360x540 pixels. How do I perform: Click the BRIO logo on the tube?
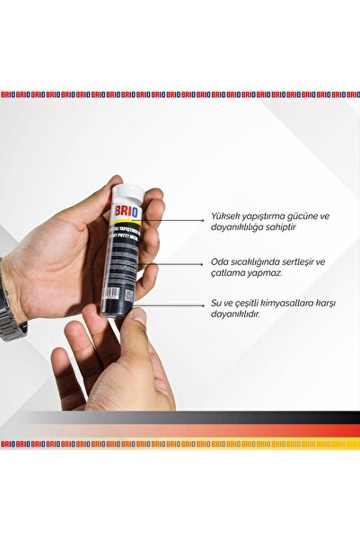click(x=124, y=212)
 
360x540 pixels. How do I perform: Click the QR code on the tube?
click(x=128, y=295)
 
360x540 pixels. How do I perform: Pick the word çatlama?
click(x=226, y=274)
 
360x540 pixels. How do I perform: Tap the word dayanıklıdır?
click(x=236, y=315)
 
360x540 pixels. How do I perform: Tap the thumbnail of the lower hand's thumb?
click(x=138, y=316)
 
